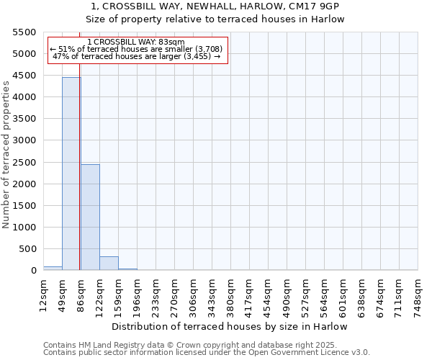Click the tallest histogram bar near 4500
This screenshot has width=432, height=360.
tap(71, 173)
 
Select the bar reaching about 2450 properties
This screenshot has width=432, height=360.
tap(90, 217)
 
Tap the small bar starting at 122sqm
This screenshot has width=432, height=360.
tap(109, 264)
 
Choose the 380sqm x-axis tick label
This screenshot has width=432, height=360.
tap(230, 293)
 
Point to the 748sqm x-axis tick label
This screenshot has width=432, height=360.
tap(418, 293)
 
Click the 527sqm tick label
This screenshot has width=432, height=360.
tap(305, 293)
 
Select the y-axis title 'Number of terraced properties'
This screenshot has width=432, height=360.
tap(6, 155)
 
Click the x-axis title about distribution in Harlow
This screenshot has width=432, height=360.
tap(230, 326)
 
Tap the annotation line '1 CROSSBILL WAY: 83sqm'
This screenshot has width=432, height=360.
tap(136, 42)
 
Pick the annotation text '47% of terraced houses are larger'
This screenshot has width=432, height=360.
tap(137, 56)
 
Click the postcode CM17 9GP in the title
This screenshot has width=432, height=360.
tap(310, 6)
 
